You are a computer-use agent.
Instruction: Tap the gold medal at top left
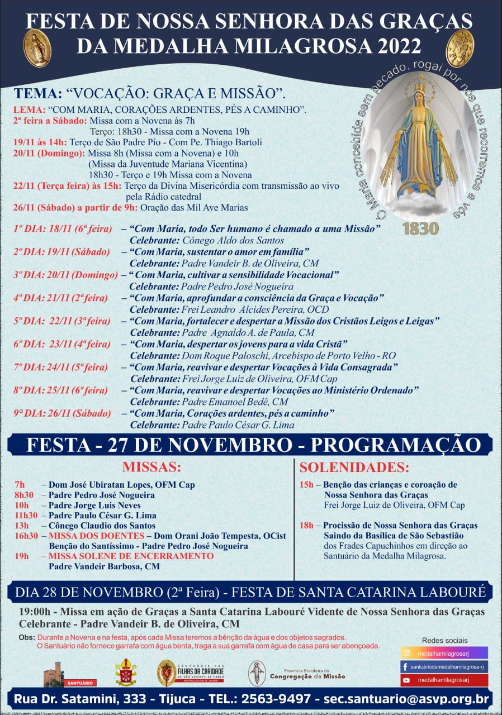pyautogui.click(x=37, y=48)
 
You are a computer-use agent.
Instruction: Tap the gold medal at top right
pyautogui.click(x=460, y=48)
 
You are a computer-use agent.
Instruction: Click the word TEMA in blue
pyautogui.click(x=37, y=93)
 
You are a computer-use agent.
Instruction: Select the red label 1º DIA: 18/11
pyautogui.click(x=61, y=230)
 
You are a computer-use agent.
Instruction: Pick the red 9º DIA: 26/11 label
pyautogui.click(x=62, y=414)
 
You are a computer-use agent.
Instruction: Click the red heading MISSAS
pyautogui.click(x=151, y=467)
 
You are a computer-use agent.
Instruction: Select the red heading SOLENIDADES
pyautogui.click(x=354, y=467)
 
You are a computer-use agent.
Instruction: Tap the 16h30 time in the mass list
pyautogui.click(x=26, y=536)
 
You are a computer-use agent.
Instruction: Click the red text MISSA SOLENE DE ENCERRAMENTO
pyautogui.click(x=131, y=556)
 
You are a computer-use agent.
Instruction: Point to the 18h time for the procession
pyautogui.click(x=306, y=526)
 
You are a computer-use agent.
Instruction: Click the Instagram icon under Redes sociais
pyautogui.click(x=406, y=652)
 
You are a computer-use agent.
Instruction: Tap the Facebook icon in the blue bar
pyautogui.click(x=405, y=666)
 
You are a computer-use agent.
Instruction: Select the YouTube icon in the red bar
pyautogui.click(x=406, y=680)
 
